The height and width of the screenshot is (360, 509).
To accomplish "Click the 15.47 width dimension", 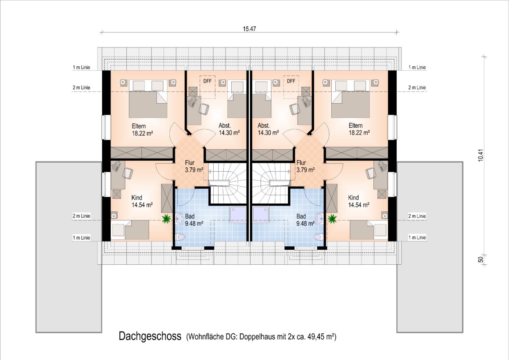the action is coord(249,29).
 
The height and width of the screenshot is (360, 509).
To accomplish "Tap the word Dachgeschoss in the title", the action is coord(150,336).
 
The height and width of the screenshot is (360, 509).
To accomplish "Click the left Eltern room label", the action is coord(139,126).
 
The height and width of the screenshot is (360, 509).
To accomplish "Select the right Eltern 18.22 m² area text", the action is coord(359,133).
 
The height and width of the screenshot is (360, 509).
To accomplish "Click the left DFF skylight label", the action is coord(207,81).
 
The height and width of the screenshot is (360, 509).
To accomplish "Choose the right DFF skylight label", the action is coord(291,81).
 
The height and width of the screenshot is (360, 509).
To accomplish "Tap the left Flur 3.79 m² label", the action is coord(194,166).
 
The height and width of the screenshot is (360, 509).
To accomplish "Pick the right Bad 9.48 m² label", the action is coord(305,220).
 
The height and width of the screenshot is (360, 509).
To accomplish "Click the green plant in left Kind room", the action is coord(167,219).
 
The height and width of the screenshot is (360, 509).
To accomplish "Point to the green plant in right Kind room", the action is coord(332,219).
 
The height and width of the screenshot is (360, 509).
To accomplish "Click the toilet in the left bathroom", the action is coord(180,237).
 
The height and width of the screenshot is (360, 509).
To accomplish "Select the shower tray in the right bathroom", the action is coord(261,214).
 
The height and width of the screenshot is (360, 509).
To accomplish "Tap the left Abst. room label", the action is coord(225,126).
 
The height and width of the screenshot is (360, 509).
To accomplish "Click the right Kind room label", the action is coord(353,198).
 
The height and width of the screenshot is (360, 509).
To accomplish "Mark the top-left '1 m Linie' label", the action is coord(82,67).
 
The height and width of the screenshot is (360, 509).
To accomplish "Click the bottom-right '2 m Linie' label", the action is coord(417,216).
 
